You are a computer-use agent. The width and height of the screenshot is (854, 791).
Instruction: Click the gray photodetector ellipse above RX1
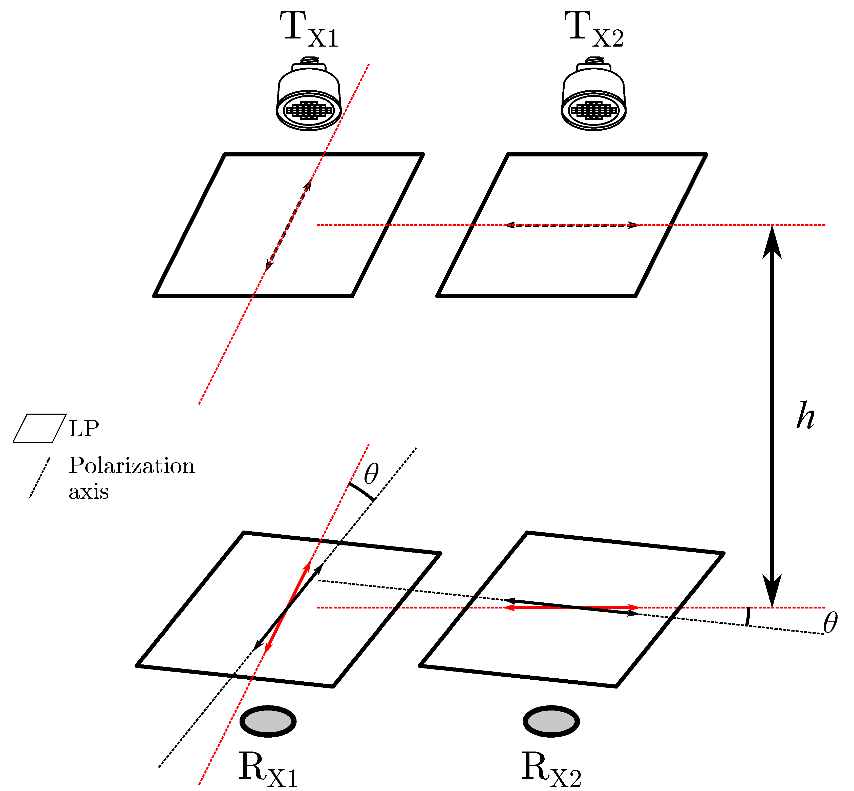268,721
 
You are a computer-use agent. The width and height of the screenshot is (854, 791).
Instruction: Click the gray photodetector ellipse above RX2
551,721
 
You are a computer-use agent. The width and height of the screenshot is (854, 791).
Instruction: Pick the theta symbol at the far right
830,623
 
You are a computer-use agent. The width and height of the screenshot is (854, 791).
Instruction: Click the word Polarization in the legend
131,466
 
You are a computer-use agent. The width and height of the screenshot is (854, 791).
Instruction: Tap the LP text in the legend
84,428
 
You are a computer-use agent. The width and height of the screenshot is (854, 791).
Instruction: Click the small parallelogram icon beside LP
39,428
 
